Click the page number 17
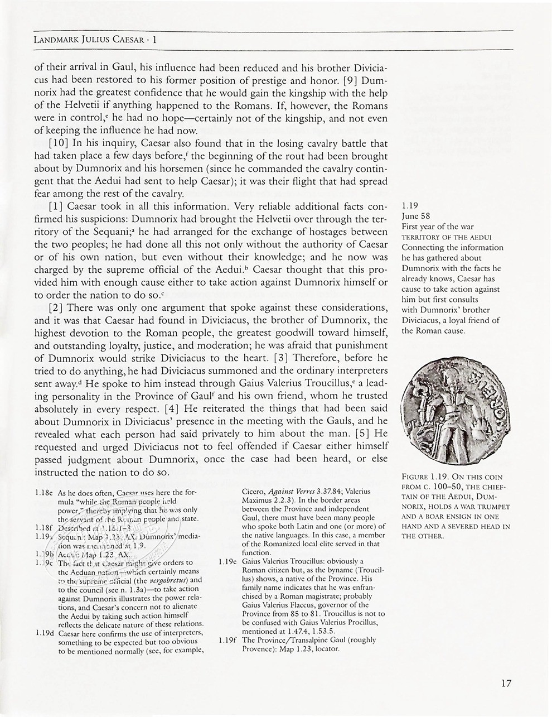tap(506, 683)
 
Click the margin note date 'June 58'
tap(416, 216)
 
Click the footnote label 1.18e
tap(43, 493)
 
